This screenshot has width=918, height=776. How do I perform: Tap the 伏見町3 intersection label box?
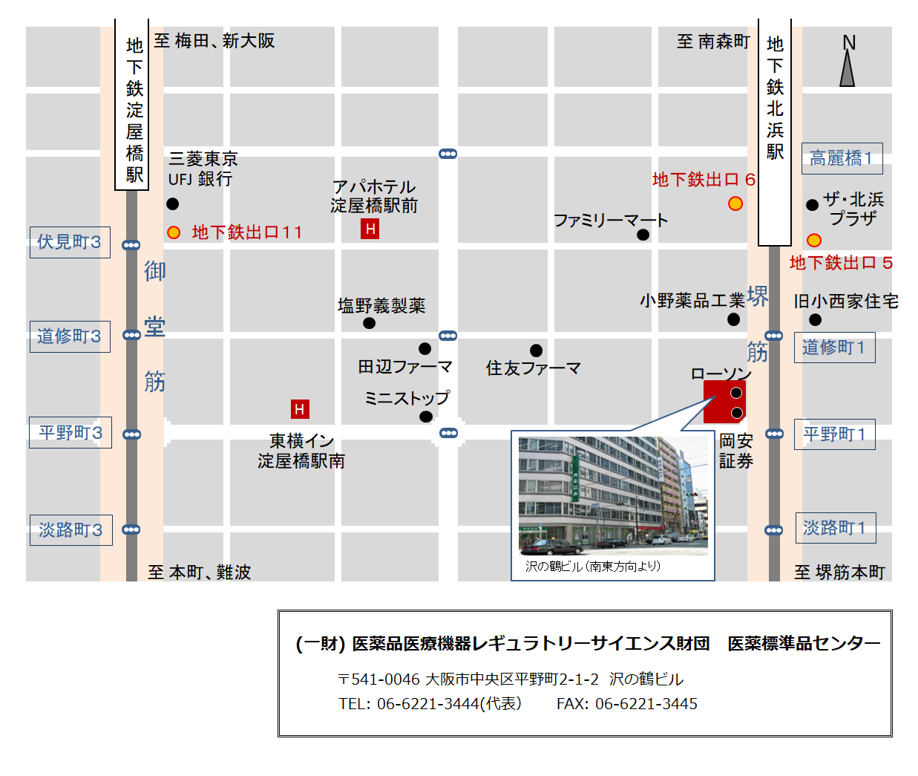tap(70, 242)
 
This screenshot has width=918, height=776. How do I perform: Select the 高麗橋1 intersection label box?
tap(842, 158)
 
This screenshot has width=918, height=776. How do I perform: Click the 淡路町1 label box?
tap(835, 528)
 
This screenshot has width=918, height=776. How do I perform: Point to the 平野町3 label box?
tap(71, 433)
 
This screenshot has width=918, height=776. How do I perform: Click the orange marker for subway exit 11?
tap(174, 232)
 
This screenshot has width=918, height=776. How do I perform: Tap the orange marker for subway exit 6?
tap(735, 203)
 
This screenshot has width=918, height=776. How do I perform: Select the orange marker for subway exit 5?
tap(814, 241)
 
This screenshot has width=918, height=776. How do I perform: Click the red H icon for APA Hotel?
tap(370, 229)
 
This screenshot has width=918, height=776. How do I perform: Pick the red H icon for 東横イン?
tap(300, 409)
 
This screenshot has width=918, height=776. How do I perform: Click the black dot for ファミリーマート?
tap(643, 235)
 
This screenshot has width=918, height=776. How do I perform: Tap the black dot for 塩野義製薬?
tap(369, 323)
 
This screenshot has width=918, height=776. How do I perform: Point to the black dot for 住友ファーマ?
tap(536, 350)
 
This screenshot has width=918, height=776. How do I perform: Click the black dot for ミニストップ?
tap(425, 417)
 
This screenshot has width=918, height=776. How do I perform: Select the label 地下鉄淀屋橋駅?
tap(134, 109)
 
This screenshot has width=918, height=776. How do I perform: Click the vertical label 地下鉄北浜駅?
tap(775, 98)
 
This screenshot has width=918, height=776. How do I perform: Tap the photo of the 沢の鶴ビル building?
tap(613, 496)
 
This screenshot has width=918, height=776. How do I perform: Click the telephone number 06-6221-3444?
tap(428, 704)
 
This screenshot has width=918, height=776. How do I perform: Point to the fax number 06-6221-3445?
tap(646, 704)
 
